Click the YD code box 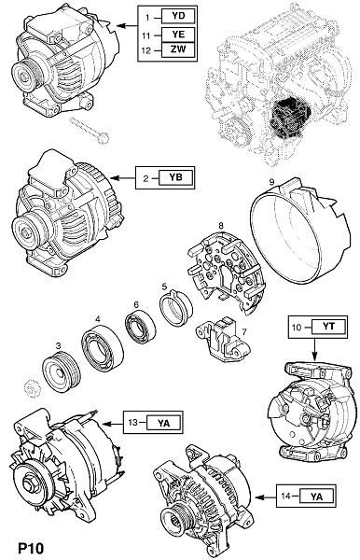[x=178, y=16]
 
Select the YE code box [x=178, y=35]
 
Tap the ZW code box [x=178, y=49]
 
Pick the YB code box [x=176, y=177]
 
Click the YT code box [x=328, y=327]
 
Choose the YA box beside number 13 [x=164, y=423]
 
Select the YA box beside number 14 [x=316, y=497]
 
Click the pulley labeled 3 [x=62, y=372]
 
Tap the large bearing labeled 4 [x=102, y=348]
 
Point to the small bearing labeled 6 [x=140, y=327]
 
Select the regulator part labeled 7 [x=223, y=339]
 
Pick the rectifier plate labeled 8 [x=227, y=273]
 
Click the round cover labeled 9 [x=299, y=231]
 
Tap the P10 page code [x=31, y=548]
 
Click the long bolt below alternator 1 [x=90, y=131]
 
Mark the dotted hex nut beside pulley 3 [x=32, y=388]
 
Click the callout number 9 [x=272, y=182]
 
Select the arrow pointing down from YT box [x=314, y=349]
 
